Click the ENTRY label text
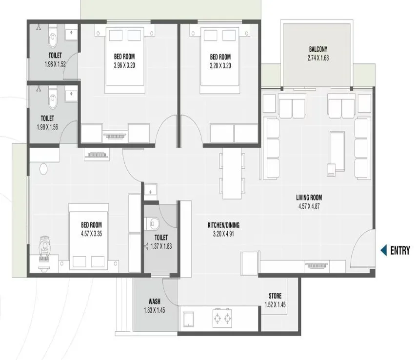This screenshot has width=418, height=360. pos(400,251)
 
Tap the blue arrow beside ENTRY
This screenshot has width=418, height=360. pos(384,251)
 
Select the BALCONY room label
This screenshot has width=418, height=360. pos(318,49)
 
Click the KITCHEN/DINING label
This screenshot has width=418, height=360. pos(223,225)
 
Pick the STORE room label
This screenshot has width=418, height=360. pos(275,296)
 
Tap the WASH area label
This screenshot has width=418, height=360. pos(155,301)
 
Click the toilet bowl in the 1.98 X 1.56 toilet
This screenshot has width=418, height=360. pos(53,100)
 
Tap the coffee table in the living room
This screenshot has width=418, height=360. pos(337,152)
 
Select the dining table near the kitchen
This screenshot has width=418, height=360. pos(232,174)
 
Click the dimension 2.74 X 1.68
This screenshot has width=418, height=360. pos(318,58)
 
